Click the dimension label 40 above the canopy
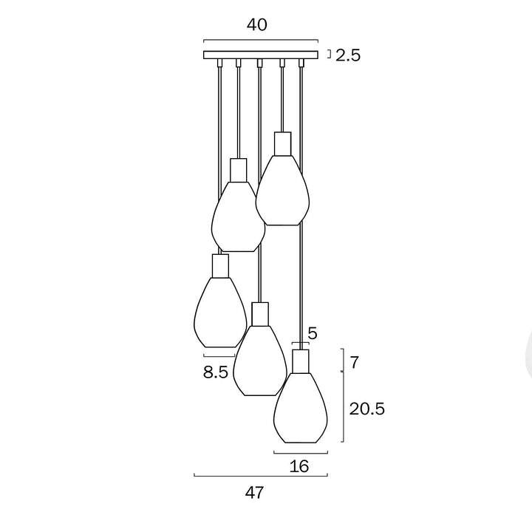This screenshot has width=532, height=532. (x=256, y=24)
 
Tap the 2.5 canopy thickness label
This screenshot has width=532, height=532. (x=347, y=55)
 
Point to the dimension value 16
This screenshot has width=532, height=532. (x=299, y=466)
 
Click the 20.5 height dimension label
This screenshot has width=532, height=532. (x=367, y=409)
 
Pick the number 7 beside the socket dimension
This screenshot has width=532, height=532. (x=355, y=363)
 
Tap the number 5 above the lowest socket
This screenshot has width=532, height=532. (x=313, y=333)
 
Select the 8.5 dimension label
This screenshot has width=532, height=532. (x=216, y=372)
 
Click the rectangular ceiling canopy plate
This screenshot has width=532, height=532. (x=261, y=55)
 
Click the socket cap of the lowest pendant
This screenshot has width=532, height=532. (x=300, y=361)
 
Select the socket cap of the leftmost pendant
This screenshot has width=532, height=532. (x=219, y=265)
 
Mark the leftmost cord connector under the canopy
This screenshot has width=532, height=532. (x=219, y=64)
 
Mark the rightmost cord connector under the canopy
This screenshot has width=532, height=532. (x=301, y=64)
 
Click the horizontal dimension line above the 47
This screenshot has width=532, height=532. (x=260, y=476)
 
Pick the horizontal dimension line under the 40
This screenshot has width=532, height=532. (x=260, y=41)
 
